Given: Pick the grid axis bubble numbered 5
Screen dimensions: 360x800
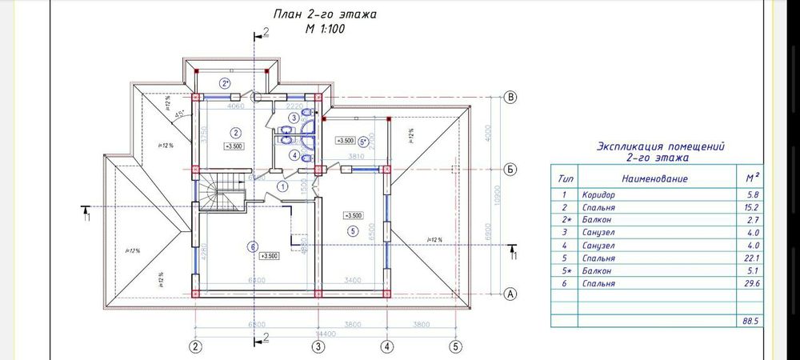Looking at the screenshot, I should tap(455, 347).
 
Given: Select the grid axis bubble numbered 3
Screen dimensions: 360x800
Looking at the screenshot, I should tap(318, 347).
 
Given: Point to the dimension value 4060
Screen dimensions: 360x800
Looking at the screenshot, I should tap(235, 106).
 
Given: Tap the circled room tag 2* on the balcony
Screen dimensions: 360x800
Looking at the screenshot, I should tap(225, 82).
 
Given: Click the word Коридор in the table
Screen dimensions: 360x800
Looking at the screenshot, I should tap(598, 194).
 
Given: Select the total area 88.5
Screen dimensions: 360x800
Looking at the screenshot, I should tap(749, 320).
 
